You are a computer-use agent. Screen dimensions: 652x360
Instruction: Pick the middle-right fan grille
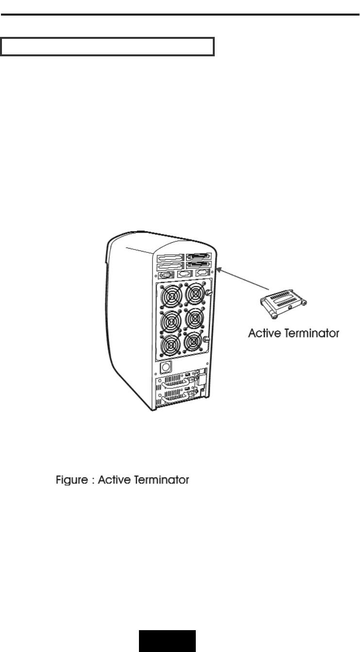[x=195, y=320]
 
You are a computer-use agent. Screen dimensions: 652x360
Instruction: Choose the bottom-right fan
[x=195, y=344]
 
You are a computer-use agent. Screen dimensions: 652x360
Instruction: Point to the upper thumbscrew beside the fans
[x=209, y=293]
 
